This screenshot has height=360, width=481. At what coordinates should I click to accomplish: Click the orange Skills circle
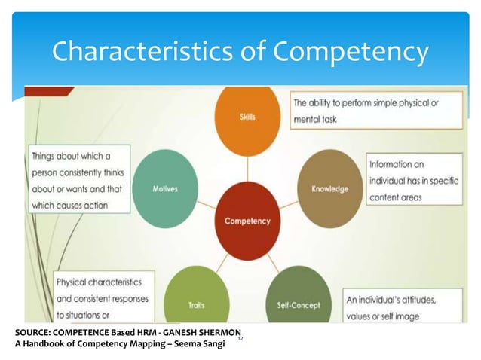247,116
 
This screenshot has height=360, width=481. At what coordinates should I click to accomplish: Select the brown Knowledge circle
329,188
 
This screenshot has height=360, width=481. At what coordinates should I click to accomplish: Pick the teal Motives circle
164,188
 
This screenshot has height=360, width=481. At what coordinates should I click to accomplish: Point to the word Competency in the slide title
351,53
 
